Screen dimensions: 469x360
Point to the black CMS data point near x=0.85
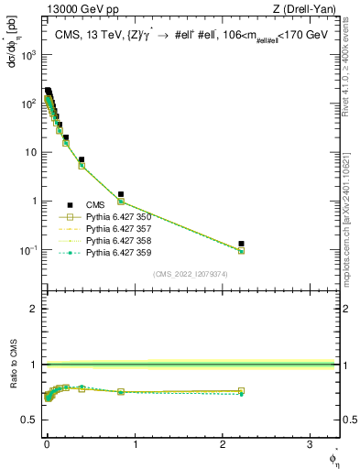(x=121, y=194)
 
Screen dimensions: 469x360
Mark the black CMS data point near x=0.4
(x=82, y=159)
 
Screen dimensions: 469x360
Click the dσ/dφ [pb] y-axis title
(x=13, y=47)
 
